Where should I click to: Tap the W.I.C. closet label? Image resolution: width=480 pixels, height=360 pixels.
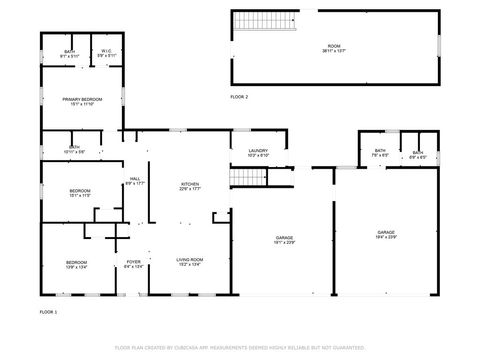105,53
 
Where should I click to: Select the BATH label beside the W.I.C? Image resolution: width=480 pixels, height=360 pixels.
69,53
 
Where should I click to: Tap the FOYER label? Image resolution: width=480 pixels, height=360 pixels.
133,264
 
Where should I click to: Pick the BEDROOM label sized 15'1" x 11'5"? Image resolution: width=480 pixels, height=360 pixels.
80,192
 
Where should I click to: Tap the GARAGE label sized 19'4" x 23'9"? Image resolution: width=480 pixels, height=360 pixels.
385,234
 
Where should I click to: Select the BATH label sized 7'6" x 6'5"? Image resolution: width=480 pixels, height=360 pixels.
380,153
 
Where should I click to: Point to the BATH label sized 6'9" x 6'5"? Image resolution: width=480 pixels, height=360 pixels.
417,153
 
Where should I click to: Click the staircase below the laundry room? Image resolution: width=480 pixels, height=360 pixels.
246,178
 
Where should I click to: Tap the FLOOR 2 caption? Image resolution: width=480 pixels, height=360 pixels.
239,97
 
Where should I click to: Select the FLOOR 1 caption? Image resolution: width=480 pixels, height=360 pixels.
48,313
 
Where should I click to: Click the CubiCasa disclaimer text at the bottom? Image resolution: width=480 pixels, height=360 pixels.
240,348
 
